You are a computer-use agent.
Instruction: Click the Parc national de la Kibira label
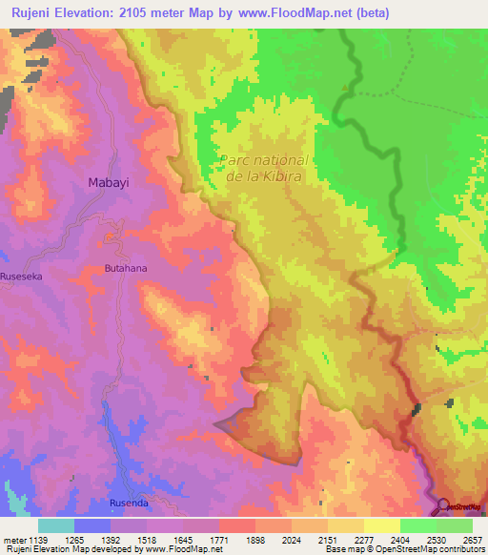click(264, 169)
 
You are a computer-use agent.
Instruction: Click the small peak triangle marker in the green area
click(345, 88)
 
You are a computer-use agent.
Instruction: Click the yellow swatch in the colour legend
click(382, 525)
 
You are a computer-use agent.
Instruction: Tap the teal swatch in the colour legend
click(56, 525)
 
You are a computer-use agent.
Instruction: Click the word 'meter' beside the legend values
click(12, 540)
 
